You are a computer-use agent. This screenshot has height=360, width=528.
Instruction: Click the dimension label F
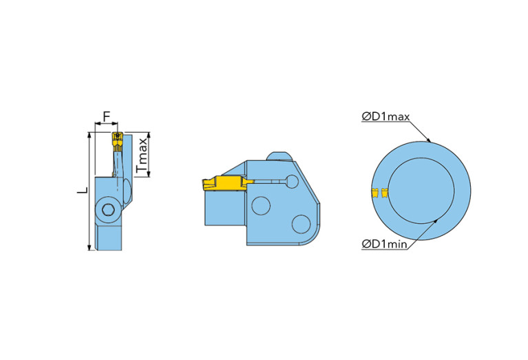point(106,116)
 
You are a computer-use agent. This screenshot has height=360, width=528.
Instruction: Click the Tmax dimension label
point(142,155)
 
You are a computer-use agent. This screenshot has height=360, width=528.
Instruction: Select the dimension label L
point(81,189)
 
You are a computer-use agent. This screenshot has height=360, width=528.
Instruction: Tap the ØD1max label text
point(386,116)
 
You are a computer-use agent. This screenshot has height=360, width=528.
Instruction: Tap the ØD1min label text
point(384,244)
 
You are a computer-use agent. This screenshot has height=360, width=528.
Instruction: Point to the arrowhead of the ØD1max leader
point(429,141)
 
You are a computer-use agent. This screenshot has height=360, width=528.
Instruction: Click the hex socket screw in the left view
point(108,210)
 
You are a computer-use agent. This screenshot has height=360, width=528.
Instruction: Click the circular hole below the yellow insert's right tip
point(261,205)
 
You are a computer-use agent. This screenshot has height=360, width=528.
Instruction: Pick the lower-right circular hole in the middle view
point(300,223)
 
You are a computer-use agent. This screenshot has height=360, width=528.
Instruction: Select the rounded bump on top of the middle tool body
point(279,156)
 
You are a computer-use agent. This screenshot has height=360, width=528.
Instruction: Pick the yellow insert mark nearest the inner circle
point(384,193)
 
